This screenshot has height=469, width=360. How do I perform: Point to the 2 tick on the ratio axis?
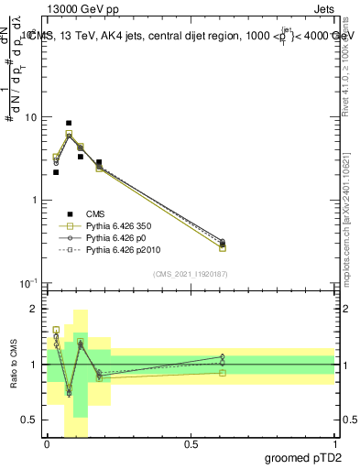pyautogui.click(x=37, y=310)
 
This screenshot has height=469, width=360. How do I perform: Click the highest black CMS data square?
pyautogui.click(x=69, y=123)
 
